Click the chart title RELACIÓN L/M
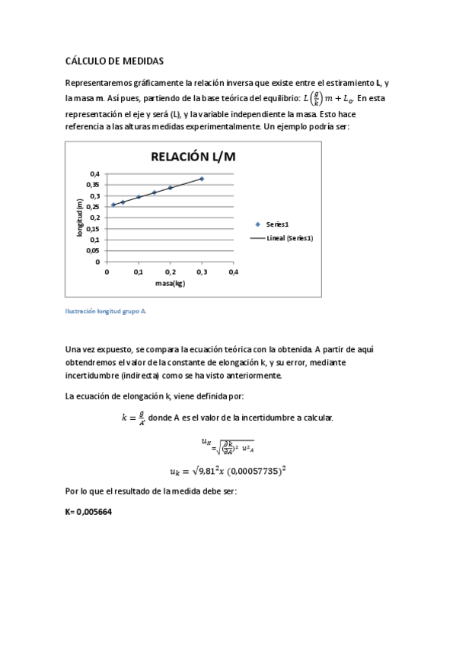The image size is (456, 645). tap(193, 157)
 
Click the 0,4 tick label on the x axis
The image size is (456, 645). tap(233, 272)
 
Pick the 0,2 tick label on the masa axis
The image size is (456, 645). tap(170, 272)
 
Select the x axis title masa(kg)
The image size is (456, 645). tap(171, 283)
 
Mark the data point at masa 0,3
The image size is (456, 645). tap(202, 179)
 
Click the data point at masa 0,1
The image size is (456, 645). tap(139, 197)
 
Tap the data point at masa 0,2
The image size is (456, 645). tap(170, 188)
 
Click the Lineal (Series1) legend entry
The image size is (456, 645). tap(289, 238)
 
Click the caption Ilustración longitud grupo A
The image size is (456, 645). tap(105, 311)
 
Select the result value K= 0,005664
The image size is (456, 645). tap(90, 512)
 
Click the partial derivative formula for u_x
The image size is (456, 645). tap(228, 445)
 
